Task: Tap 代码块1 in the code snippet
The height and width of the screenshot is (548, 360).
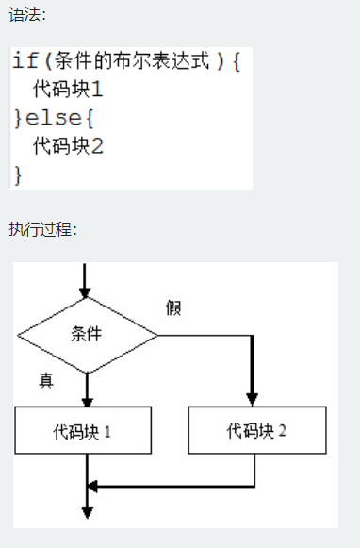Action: point(67,91)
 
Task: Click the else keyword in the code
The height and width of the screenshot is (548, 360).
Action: point(53,119)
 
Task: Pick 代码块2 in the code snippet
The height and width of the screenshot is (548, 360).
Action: point(67,146)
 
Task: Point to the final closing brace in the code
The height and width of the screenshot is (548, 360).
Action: point(18,174)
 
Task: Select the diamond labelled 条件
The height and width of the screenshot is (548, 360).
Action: point(87,334)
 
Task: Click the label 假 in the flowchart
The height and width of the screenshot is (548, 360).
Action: point(173,307)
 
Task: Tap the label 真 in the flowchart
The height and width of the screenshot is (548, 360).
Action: point(46,380)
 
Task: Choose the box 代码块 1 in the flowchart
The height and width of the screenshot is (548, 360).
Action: point(84,431)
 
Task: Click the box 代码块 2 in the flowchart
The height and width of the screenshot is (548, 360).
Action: point(256,431)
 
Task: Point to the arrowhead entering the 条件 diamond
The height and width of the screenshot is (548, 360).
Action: point(87,291)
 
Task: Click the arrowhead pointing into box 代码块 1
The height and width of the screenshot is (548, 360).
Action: point(87,400)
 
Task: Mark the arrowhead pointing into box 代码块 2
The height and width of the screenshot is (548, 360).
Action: point(252,399)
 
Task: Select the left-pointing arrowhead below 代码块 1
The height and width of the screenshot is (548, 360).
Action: point(92,487)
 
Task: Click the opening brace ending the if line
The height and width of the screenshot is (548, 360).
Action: point(236,61)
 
